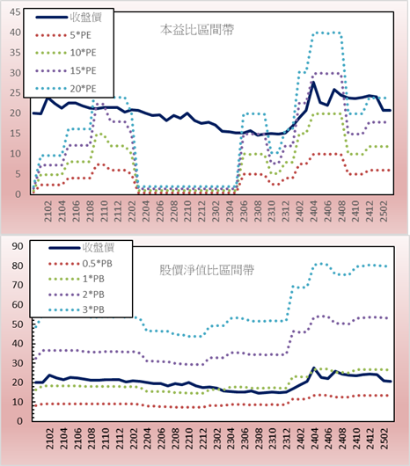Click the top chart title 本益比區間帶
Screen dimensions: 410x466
[x=197, y=30]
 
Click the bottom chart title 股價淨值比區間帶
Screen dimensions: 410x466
[x=207, y=270]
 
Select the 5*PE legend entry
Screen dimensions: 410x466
[x=63, y=35]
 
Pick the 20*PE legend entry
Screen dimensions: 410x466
[x=66, y=89]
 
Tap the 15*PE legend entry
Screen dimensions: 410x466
[x=66, y=70]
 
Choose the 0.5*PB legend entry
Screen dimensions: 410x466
[x=80, y=264]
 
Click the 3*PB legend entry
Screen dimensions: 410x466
[x=77, y=309]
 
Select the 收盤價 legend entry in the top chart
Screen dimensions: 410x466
[x=69, y=18]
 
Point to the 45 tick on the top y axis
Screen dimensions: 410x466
[x=15, y=12]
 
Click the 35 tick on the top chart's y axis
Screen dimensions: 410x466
[x=15, y=53]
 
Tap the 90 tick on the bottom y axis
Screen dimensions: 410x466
[x=18, y=246]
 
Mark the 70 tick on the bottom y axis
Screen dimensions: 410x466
[x=18, y=285]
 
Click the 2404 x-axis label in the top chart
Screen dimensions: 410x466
[x=314, y=211]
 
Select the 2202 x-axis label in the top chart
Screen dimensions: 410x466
[x=132, y=211]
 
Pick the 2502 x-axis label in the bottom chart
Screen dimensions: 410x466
[x=385, y=439]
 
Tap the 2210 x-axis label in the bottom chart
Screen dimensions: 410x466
[x=188, y=439]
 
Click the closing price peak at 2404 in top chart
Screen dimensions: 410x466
[x=313, y=83]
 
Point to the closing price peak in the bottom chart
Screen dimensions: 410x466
[x=314, y=368]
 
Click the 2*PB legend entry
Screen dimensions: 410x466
[x=77, y=295]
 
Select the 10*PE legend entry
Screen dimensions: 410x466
[x=66, y=53]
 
